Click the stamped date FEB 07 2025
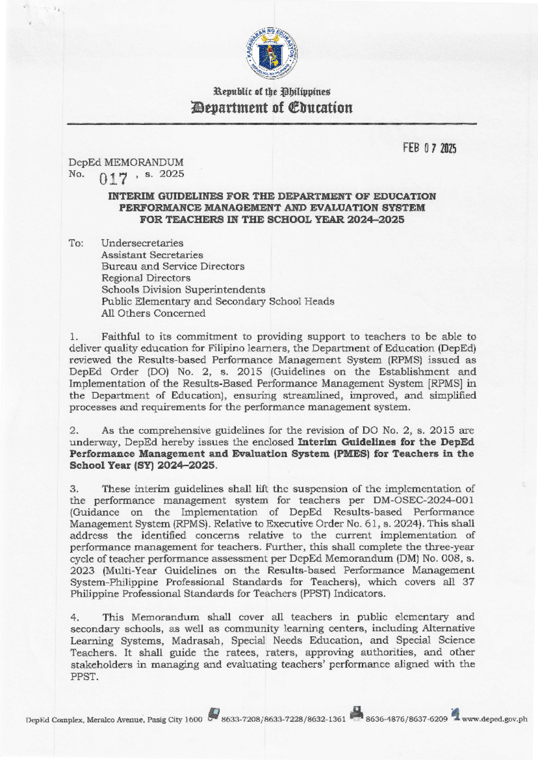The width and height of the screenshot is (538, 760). point(429,149)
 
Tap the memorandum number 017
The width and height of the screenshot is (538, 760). point(114,179)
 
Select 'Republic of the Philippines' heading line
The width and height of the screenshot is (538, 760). point(271,92)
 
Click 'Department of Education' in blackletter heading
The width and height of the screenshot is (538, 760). point(271,108)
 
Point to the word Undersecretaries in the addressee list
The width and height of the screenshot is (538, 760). point(142,243)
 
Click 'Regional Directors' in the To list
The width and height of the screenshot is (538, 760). point(146,278)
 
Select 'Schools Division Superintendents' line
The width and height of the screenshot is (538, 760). point(183,290)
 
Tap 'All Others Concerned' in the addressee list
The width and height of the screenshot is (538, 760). point(153,313)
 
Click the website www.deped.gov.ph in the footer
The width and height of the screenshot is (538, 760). point(495,719)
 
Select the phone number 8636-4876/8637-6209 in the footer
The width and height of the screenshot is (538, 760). point(407,719)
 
